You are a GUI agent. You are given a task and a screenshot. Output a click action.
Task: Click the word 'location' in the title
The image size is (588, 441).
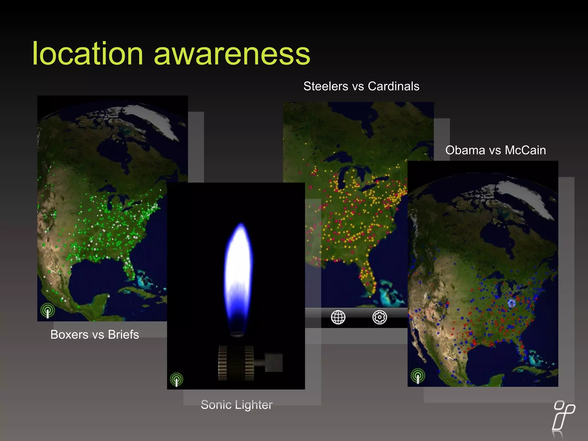point(88,54)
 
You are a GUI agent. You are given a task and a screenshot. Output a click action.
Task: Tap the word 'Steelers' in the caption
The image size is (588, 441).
point(326,86)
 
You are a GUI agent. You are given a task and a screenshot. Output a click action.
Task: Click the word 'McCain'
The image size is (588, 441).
point(525,150)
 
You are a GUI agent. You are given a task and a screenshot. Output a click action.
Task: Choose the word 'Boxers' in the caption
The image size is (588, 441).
point(69,334)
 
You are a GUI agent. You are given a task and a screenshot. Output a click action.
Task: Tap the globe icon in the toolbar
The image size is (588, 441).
point(338,317)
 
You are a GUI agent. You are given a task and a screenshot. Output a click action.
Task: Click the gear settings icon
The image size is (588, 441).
point(380,317)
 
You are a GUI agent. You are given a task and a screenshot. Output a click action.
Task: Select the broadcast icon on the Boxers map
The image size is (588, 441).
point(48,311)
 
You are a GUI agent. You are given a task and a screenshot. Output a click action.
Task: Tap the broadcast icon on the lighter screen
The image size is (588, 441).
point(176,379)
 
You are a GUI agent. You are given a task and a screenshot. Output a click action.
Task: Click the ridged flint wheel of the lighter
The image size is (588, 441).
point(236,363)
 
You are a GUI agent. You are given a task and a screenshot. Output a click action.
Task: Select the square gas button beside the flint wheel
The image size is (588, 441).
point(273,362)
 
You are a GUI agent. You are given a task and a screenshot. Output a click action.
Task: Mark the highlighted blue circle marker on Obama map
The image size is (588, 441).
point(512,303)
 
